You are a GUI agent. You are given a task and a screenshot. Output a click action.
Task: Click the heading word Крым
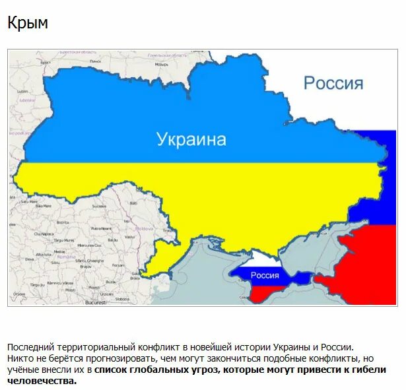(x=28, y=23)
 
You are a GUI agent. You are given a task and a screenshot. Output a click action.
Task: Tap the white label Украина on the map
(x=191, y=139)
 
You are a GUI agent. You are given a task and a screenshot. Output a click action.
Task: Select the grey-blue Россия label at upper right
(x=333, y=83)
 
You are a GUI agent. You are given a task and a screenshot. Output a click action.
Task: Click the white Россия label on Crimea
(x=265, y=275)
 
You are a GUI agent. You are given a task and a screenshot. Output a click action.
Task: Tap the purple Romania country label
(x=67, y=257)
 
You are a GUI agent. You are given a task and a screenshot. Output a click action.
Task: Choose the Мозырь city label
(x=161, y=65)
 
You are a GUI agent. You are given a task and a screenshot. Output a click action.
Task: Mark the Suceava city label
(x=99, y=206)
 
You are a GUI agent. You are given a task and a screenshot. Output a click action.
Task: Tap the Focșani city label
(x=116, y=269)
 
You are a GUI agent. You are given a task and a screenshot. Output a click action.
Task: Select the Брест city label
(x=46, y=62)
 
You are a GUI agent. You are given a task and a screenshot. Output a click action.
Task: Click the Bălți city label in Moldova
(x=132, y=204)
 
